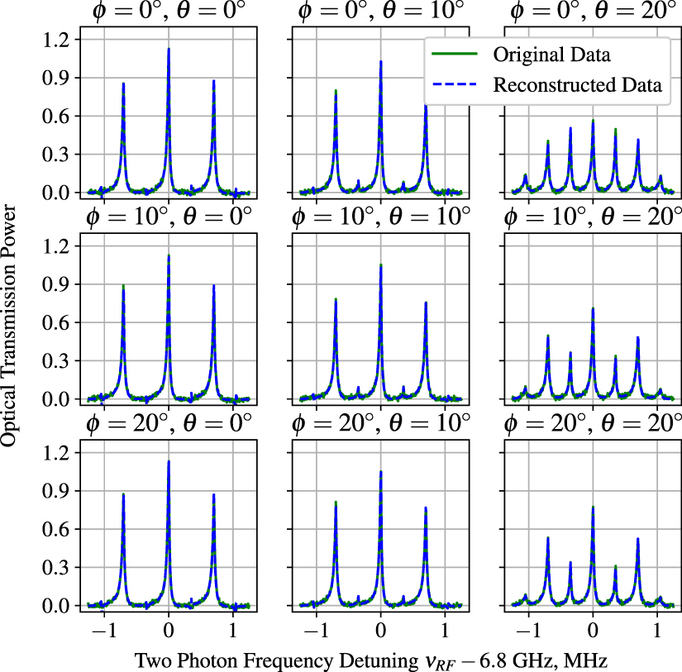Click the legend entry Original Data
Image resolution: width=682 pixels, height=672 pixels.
tap(551, 56)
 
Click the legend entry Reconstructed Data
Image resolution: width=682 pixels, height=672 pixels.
tap(577, 84)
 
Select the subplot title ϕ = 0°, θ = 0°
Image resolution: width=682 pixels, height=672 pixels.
tap(169, 12)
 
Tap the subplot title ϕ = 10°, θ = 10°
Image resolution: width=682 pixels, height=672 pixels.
tap(381, 219)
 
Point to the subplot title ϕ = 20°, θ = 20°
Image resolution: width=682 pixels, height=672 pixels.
tap(593, 426)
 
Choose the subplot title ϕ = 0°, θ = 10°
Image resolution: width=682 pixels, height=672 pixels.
tap(381, 12)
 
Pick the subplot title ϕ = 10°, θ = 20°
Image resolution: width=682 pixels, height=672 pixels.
tap(593, 219)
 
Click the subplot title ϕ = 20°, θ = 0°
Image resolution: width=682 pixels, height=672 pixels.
tap(169, 426)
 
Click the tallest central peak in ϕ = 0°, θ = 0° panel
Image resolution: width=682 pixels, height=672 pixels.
tap(169, 49)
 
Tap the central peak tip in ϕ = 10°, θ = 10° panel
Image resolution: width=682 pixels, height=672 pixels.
tap(381, 265)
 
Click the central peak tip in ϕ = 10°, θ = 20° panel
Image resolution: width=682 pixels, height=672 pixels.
tap(593, 308)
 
